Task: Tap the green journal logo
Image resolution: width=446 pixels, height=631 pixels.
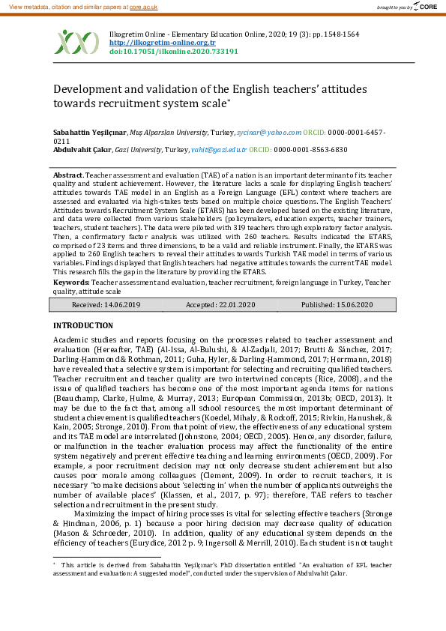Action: pyautogui.click(x=78, y=43)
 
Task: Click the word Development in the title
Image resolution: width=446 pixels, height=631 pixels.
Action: pyautogui.click(x=89, y=89)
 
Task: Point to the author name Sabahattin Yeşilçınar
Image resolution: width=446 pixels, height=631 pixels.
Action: pyautogui.click(x=89, y=131)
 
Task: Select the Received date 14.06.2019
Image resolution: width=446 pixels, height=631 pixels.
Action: pyautogui.click(x=124, y=305)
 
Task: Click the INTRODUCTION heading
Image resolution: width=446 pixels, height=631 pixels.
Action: pyautogui.click(x=83, y=326)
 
